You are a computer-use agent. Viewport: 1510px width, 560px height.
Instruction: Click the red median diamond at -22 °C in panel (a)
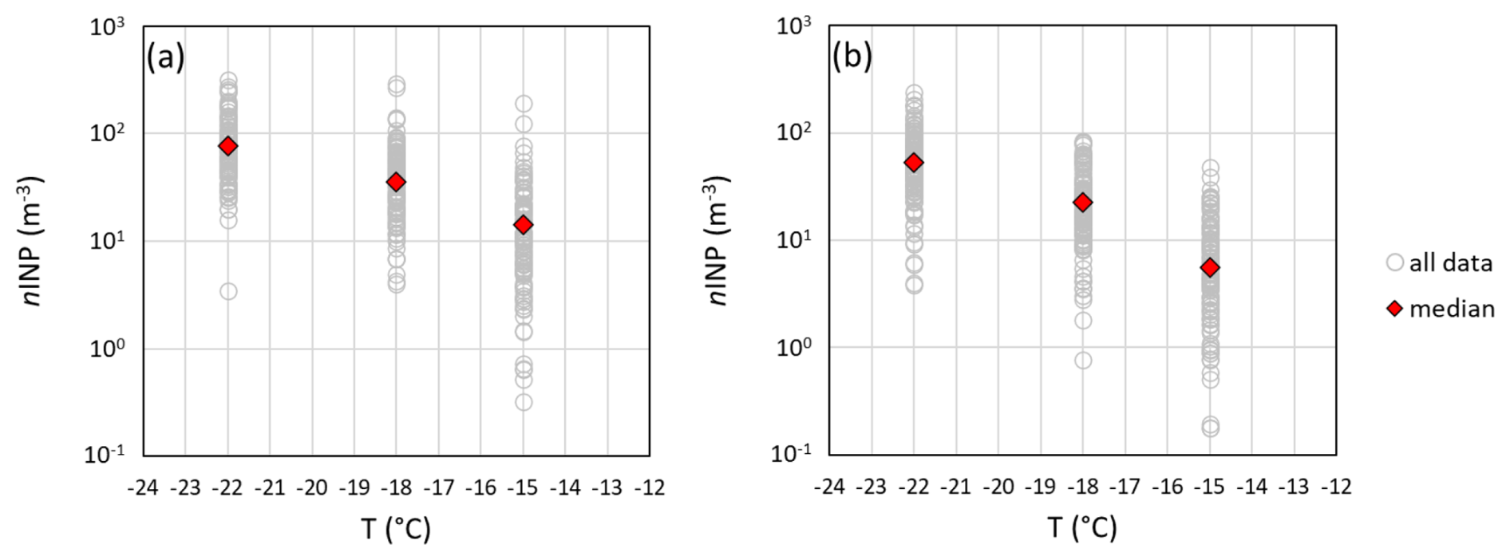[x=228, y=146]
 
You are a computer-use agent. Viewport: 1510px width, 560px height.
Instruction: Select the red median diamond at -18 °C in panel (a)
[x=396, y=182]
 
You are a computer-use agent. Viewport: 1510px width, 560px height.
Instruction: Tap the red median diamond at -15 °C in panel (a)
[x=524, y=225]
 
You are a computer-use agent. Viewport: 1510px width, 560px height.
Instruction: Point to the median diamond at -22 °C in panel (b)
[x=914, y=163]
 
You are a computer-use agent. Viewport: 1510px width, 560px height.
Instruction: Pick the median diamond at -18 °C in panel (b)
[x=1083, y=203]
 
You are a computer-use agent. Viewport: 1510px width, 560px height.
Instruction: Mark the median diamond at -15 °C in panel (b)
[x=1210, y=267]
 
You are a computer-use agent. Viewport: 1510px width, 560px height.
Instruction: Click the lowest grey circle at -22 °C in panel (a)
[x=228, y=291]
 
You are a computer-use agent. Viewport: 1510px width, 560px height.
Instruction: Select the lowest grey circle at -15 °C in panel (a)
[x=524, y=402]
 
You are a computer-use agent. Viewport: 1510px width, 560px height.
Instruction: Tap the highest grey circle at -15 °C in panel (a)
[x=524, y=104]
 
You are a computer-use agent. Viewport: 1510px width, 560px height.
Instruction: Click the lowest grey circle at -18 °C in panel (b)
[x=1083, y=361]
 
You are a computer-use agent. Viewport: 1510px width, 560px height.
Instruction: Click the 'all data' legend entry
[x=1440, y=262]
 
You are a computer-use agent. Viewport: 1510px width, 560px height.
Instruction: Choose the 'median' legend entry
[x=1441, y=309]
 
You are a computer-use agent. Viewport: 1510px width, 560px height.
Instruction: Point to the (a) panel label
[x=165, y=57]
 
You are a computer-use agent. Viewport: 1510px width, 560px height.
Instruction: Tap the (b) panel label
[x=852, y=56]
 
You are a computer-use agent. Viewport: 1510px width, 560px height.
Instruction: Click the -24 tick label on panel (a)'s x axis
[x=143, y=487]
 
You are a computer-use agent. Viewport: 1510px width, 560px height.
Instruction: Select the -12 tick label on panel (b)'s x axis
[x=1336, y=487]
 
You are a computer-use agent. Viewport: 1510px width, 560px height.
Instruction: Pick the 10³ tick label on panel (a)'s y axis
[x=107, y=27]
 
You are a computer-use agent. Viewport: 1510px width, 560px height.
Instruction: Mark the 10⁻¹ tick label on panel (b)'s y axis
[x=793, y=454]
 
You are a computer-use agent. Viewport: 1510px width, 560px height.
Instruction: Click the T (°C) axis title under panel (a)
[x=396, y=528]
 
